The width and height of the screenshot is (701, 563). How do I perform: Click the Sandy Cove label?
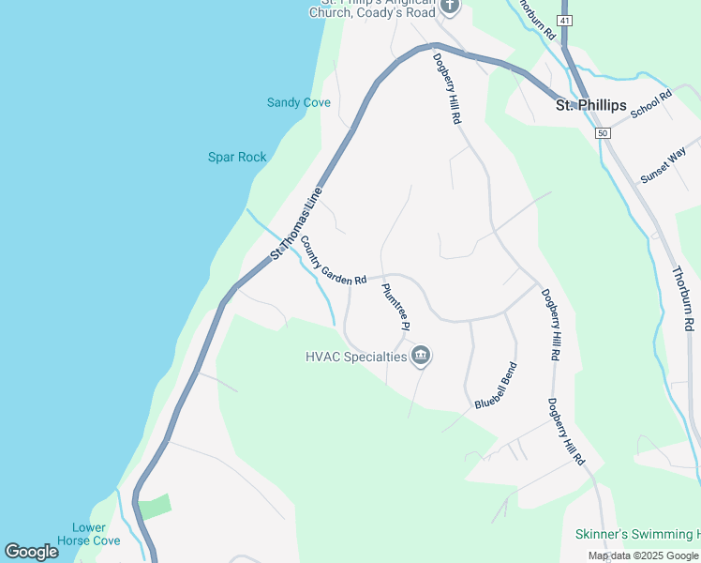click(298, 102)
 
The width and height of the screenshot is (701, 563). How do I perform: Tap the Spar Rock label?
click(237, 158)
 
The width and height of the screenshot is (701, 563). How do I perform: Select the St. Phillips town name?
click(590, 105)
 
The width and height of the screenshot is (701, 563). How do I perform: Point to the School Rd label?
click(651, 104)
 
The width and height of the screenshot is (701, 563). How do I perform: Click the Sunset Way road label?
click(664, 164)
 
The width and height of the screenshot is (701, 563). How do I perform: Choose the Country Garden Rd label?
click(333, 261)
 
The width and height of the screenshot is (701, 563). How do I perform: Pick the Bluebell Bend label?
click(496, 385)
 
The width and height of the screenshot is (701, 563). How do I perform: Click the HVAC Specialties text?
click(356, 357)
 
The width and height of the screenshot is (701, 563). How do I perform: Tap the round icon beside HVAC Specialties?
click(421, 356)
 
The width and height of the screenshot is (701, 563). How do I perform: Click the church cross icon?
click(450, 8)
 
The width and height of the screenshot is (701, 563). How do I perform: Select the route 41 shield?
click(563, 20)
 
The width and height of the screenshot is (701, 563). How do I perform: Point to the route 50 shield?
click(602, 134)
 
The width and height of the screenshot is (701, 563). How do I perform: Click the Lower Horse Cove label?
click(88, 534)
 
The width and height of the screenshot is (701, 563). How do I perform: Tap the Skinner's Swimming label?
click(636, 534)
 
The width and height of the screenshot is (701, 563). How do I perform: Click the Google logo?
click(31, 552)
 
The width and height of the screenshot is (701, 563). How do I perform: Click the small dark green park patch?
click(156, 506)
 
